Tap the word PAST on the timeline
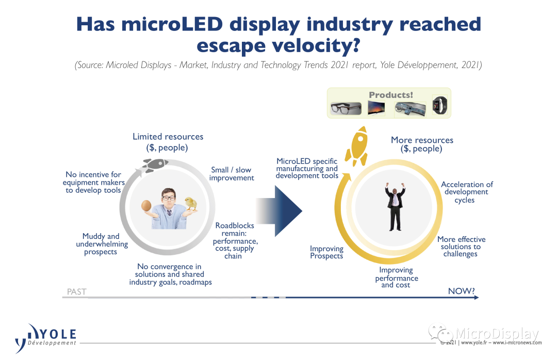[x=76, y=292]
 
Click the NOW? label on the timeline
[x=461, y=291]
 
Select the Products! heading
[x=390, y=95]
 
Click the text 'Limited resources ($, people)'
[x=168, y=142]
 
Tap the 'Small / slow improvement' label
[x=232, y=174]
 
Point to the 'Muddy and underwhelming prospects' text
[x=101, y=244]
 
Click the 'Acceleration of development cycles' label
[x=467, y=192]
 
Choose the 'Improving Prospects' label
[x=326, y=252]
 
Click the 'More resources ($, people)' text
[x=422, y=144]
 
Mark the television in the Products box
[x=376, y=108]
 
